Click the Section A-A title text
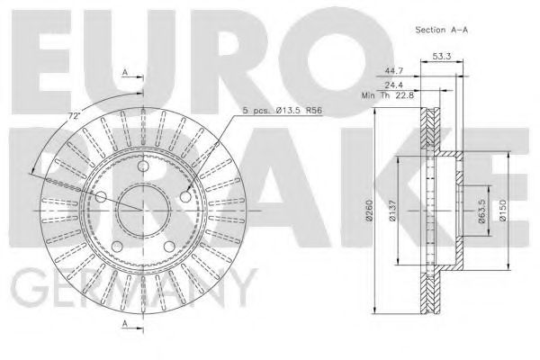click(440, 29)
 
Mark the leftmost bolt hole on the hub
click(101, 197)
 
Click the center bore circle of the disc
click(142, 209)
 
